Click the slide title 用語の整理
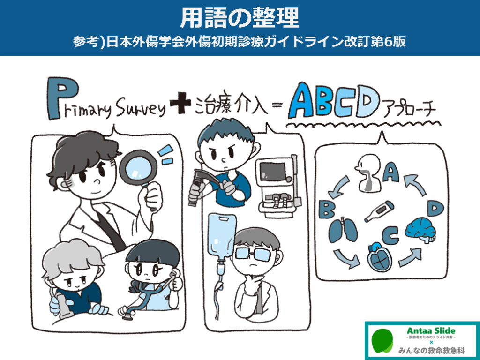tap(240, 17)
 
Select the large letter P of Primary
tap(62, 98)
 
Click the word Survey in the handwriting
tap(141, 108)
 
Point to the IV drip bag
tap(222, 236)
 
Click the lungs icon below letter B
tap(343, 230)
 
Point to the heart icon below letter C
tap(380, 257)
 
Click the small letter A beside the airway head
tap(391, 172)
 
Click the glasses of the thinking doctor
tap(253, 254)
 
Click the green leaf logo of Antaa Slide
tap(382, 341)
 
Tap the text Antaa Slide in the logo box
tap(431, 331)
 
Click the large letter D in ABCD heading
tap(367, 102)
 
